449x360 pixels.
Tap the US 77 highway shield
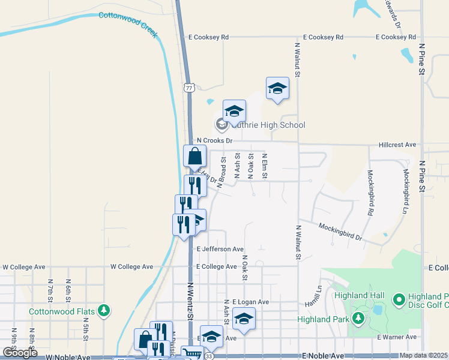(x=190, y=88)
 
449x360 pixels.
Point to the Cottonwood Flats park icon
(x=104, y=310)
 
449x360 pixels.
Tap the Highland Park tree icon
(x=359, y=317)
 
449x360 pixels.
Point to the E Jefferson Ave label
(x=220, y=248)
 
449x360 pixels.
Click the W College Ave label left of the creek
(x=133, y=266)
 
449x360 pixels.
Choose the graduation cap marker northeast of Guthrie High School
(x=277, y=88)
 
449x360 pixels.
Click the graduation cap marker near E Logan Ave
(x=244, y=319)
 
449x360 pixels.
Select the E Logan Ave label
(x=251, y=301)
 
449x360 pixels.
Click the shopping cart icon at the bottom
(x=192, y=353)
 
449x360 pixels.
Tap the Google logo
(x=19, y=352)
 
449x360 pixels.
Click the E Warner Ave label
(x=397, y=337)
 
